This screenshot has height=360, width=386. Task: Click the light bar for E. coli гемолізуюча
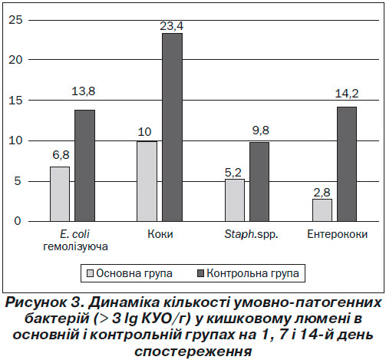[x=60, y=194]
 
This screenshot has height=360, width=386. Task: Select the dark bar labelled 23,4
[x=173, y=127]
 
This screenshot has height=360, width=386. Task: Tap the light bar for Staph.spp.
[x=235, y=200]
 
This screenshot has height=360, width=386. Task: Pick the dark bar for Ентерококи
[x=347, y=164]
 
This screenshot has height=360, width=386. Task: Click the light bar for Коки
[x=147, y=181]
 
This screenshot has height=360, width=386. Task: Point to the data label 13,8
[x=84, y=91]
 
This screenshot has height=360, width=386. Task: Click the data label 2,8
[x=322, y=193]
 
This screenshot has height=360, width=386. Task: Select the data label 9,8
[x=261, y=130]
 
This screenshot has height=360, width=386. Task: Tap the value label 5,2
[x=233, y=173]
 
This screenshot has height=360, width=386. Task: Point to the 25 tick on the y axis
[x=15, y=20]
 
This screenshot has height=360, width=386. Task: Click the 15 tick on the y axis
[x=15, y=101]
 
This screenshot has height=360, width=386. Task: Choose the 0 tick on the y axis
[x=18, y=221]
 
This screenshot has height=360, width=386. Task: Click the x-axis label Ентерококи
[x=337, y=234]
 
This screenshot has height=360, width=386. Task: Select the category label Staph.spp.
[x=251, y=235]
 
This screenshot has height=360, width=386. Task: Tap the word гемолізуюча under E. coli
[x=75, y=247]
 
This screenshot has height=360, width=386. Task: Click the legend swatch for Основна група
[x=90, y=273]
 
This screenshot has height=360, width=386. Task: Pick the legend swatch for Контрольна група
[x=200, y=273]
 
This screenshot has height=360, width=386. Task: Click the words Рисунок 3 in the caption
[x=45, y=303]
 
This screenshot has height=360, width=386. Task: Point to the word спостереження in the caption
[x=193, y=352]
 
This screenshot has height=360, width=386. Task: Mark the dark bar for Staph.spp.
[x=259, y=182]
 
